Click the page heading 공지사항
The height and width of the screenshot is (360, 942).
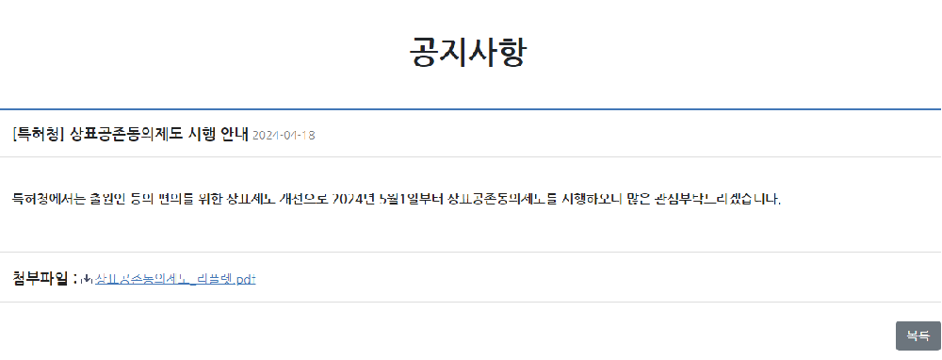coord(468,52)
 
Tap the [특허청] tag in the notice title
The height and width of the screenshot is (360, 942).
coord(39,134)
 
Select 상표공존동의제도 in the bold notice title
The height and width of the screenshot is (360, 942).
coord(126,134)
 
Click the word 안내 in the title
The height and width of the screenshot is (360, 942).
coord(234,134)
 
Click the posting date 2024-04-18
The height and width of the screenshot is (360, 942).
coord(284,135)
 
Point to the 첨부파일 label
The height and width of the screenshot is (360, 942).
coord(41,278)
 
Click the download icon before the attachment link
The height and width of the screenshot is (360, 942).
coord(88,279)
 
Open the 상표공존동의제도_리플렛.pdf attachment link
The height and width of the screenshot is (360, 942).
coord(176,279)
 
